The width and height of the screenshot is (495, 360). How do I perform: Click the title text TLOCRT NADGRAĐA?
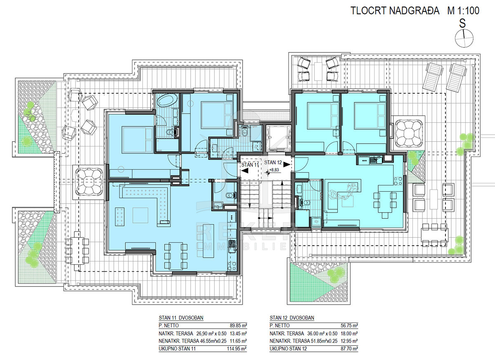click(x=395, y=11)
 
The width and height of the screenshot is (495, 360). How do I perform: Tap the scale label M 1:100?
click(x=464, y=11)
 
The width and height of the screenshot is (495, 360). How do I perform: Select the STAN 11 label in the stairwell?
click(x=250, y=165)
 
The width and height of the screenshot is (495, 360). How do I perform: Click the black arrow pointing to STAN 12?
click(x=287, y=165)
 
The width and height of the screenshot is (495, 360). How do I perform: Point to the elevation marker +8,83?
click(x=274, y=170)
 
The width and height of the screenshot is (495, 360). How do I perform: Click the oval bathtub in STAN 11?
click(x=167, y=101)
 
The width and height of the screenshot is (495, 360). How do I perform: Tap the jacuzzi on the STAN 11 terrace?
click(x=88, y=182)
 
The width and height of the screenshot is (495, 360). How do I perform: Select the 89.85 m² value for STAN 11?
click(x=238, y=325)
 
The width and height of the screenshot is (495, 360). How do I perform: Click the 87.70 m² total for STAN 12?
click(x=349, y=349)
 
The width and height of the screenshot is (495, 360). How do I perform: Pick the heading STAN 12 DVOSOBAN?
click(x=292, y=318)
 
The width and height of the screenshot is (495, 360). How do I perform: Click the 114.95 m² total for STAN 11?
click(x=237, y=349)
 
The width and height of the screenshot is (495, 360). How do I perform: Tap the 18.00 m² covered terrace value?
click(x=349, y=334)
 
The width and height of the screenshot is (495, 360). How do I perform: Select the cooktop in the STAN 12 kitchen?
click(x=398, y=181)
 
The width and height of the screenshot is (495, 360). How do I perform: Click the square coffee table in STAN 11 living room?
click(x=140, y=216)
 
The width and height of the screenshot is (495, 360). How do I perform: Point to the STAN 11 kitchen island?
click(x=208, y=241)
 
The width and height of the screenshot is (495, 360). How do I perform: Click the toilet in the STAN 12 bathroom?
click(x=306, y=202)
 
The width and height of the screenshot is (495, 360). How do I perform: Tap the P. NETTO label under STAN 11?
click(x=169, y=325)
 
